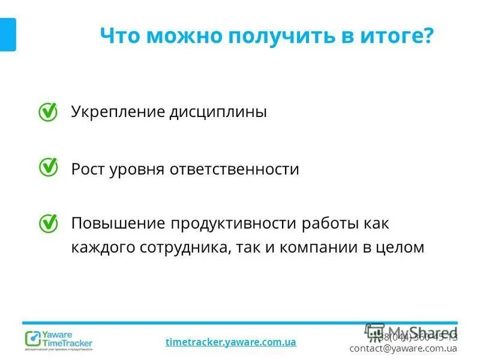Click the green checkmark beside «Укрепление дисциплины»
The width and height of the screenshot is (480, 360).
(x=48, y=112)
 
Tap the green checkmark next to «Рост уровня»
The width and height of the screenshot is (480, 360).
(x=48, y=167)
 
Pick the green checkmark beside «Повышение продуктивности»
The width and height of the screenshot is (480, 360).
(x=48, y=223)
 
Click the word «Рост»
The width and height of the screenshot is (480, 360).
(x=88, y=169)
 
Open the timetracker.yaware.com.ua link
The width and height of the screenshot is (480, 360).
(x=230, y=342)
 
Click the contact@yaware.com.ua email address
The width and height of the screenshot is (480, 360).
(x=403, y=348)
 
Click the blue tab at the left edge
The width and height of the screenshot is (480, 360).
(x=7, y=35)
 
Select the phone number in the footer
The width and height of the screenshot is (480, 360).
(x=418, y=337)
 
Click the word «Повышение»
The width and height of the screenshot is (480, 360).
(x=118, y=224)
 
